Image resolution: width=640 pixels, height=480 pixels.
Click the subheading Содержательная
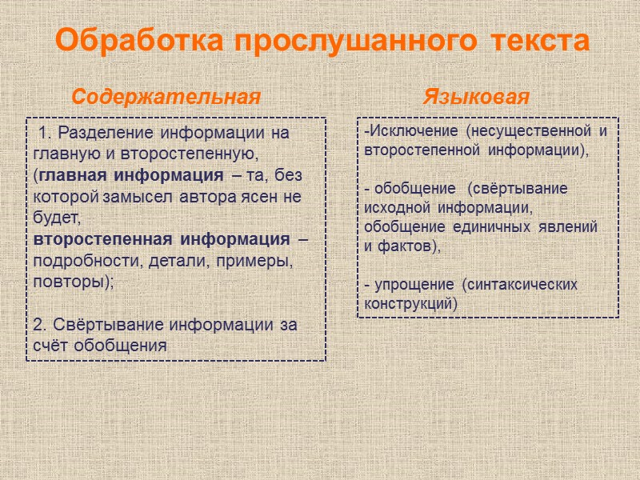(166, 97)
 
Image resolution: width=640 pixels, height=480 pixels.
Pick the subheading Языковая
(476, 97)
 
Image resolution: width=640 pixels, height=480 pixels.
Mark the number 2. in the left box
(41, 325)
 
